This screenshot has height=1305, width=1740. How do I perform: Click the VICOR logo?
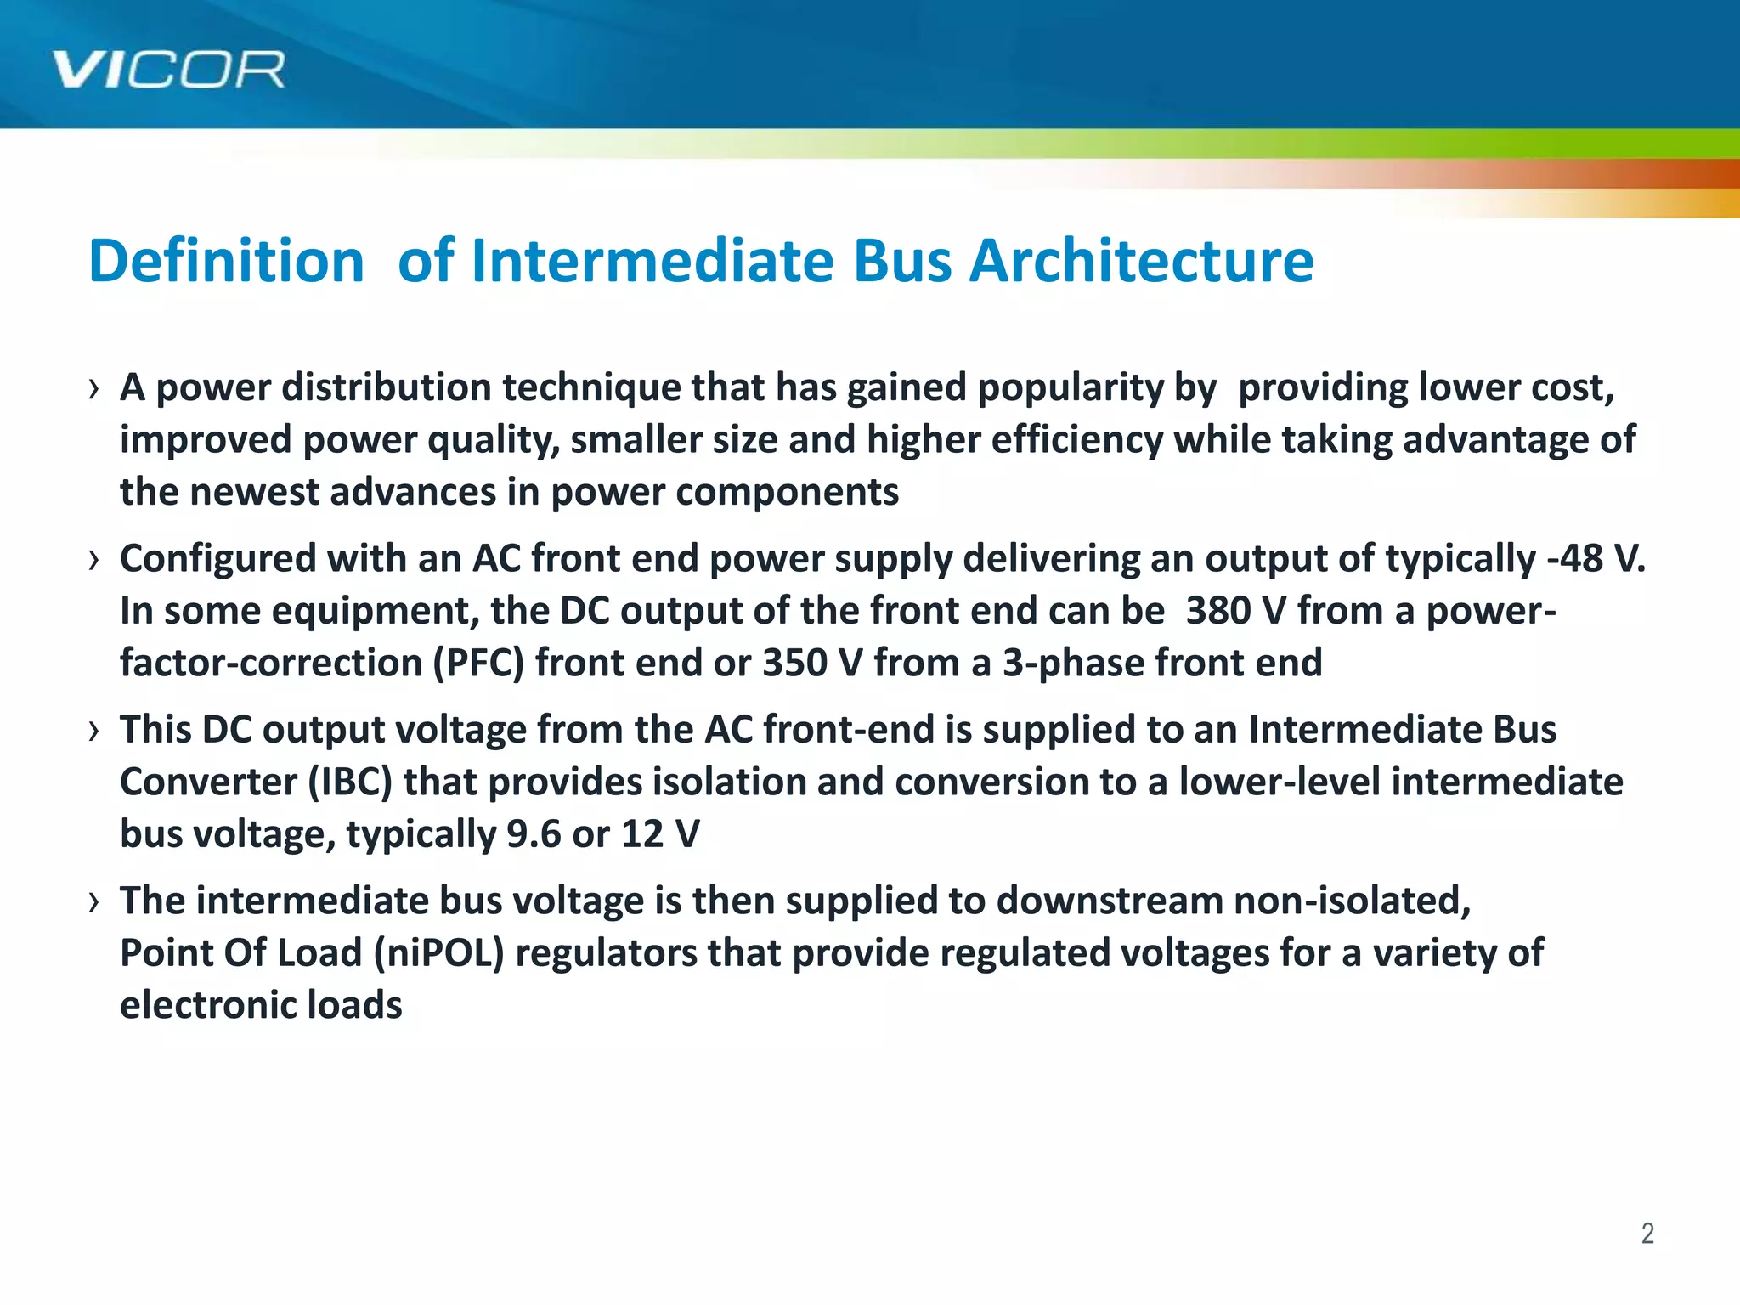168,70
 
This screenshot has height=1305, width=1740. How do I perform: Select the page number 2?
1647,1233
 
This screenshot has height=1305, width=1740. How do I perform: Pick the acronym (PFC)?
478,664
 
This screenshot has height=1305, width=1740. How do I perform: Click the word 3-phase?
1072,664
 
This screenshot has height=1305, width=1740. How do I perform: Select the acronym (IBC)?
350,782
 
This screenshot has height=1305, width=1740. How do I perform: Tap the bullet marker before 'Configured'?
93,561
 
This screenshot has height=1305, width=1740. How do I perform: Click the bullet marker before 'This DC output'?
93,732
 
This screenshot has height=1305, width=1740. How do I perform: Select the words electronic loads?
261,1005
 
